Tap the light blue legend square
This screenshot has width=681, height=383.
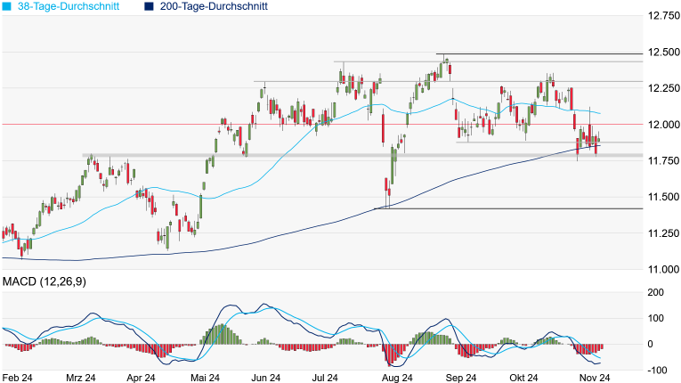point(7,6)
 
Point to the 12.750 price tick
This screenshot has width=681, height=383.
point(663,16)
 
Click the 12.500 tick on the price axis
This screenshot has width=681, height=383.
point(663,53)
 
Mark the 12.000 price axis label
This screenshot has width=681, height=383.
point(663,125)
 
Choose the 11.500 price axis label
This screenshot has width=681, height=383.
point(663,197)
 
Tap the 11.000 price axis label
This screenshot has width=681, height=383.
point(663,269)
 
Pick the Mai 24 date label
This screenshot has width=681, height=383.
point(206,378)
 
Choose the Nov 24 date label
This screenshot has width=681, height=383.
point(593,378)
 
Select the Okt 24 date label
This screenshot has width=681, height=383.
point(523,378)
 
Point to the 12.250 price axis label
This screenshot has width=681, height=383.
point(663,88)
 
